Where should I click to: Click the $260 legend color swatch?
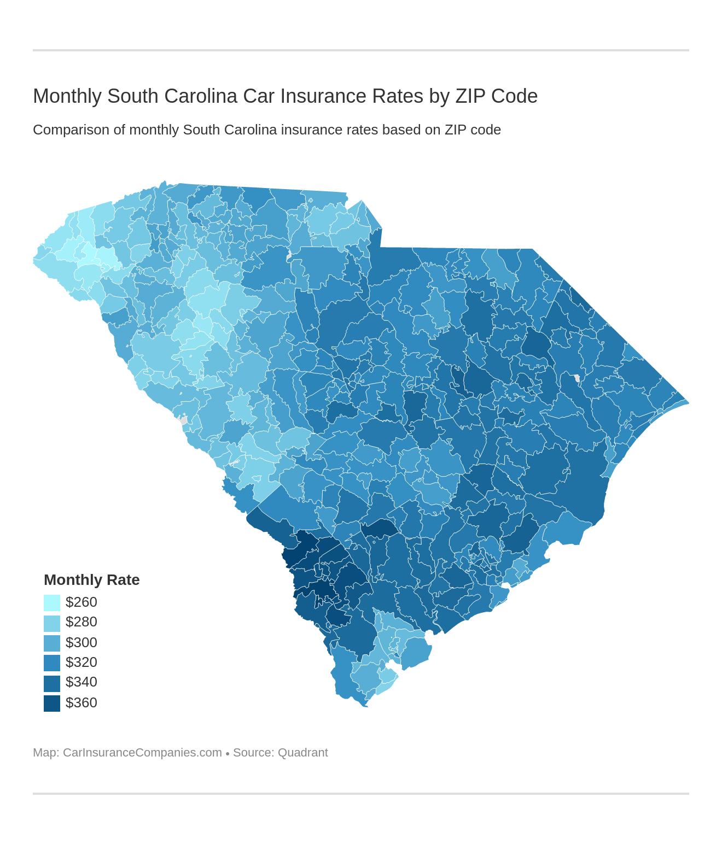[52, 602]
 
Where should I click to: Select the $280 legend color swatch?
[52, 623]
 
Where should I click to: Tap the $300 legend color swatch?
[52, 643]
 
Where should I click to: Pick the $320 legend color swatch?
[52, 663]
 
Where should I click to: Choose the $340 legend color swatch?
[52, 683]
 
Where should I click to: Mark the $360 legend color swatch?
[52, 703]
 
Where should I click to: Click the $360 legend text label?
[81, 702]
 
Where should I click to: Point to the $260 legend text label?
[81, 602]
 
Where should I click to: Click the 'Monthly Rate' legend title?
[91, 579]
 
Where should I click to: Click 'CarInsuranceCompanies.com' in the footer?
[142, 753]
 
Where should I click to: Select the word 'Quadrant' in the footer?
[302, 753]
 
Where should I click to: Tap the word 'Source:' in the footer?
[253, 753]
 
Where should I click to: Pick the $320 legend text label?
[81, 662]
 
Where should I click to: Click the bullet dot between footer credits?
[228, 754]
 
